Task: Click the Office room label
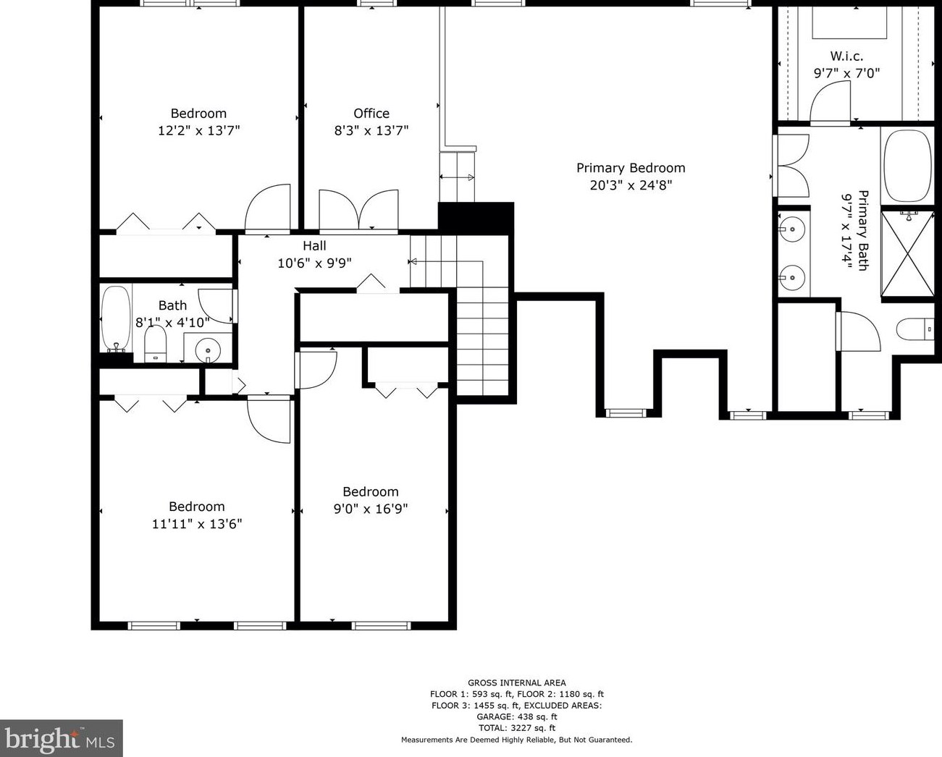[x=371, y=114]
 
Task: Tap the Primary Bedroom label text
[x=631, y=168]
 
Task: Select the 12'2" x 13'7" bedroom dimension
[x=199, y=130]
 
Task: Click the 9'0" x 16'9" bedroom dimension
[x=371, y=509]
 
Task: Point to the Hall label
[x=314, y=246]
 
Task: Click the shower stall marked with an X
[x=907, y=253]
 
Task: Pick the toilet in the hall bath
[x=156, y=344]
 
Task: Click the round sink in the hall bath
[x=208, y=350]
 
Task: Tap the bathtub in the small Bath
[x=116, y=318]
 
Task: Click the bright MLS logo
[x=60, y=737]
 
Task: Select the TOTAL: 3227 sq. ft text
[x=516, y=728]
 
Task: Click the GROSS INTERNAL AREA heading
[x=516, y=682]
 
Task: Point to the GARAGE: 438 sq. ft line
[x=516, y=716]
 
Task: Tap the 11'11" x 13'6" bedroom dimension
[x=197, y=524]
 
